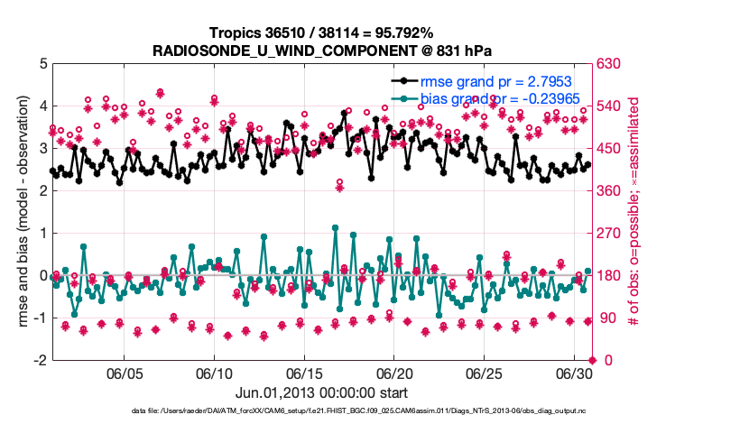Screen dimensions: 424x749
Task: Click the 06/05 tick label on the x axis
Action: pos(125,373)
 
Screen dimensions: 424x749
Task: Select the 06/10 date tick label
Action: pos(216,373)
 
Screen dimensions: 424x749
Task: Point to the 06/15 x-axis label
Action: pos(305,373)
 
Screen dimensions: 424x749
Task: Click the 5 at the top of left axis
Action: pos(43,64)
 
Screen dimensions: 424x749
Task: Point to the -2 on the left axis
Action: pos(41,360)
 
